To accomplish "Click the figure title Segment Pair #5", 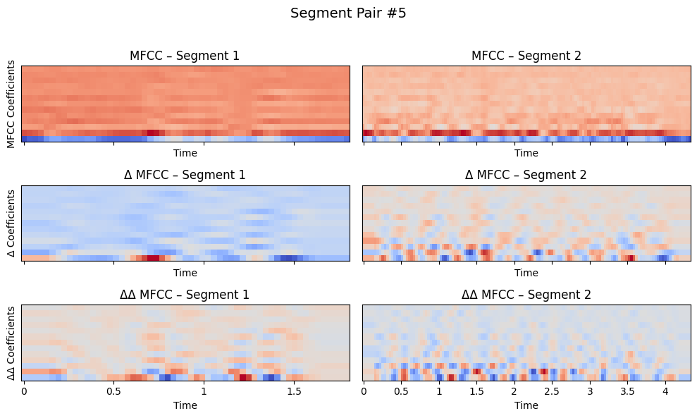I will point(348,13).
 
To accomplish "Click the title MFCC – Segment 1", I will point(185,56).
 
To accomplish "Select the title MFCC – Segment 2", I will point(526,56).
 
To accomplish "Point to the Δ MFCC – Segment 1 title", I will point(185,175).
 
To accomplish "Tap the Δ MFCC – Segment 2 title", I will point(526,175).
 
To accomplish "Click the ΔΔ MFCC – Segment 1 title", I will point(185,295).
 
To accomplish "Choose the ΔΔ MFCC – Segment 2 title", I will point(526,295).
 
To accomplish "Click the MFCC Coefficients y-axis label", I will point(11,104).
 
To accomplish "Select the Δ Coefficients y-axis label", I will point(11,223).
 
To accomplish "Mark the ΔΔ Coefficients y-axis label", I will point(11,343).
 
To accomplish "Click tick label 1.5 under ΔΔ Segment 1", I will point(294,391).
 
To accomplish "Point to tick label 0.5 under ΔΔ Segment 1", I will point(114,391).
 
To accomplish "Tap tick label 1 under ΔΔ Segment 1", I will point(204,391).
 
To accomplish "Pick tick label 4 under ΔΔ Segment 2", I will point(665,391).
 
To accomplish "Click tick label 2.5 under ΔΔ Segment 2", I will point(552,391).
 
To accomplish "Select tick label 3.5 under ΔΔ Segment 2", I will point(627,391).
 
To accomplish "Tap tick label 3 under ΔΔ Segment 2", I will point(589,391).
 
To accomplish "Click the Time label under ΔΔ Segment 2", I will point(526,405).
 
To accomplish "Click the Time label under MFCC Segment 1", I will point(185,153).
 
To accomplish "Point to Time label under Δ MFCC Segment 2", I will point(526,273).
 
